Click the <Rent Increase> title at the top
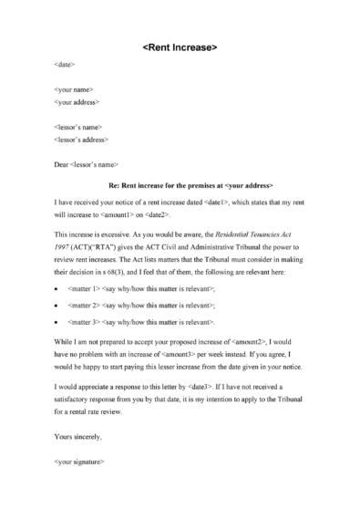pyautogui.click(x=180, y=46)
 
